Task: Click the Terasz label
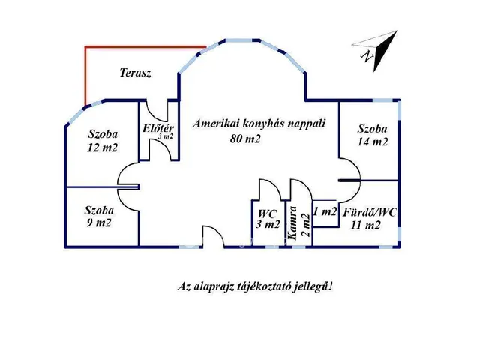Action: tap(136, 73)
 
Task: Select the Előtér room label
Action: tap(158, 127)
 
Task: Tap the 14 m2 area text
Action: tap(373, 142)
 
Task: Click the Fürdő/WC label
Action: tap(370, 211)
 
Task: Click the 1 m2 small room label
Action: tap(324, 211)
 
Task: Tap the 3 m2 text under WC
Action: tap(268, 224)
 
